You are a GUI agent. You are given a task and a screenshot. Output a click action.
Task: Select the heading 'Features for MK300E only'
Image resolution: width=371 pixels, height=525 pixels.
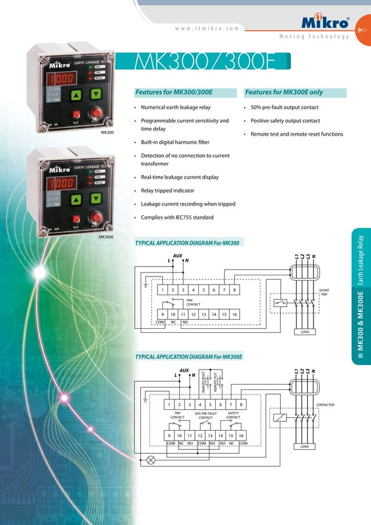point(284,92)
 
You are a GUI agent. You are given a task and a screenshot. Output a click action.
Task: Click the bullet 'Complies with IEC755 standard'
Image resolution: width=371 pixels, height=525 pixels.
point(177,218)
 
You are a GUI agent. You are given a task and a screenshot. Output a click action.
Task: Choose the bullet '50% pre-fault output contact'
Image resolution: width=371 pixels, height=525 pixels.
point(284,108)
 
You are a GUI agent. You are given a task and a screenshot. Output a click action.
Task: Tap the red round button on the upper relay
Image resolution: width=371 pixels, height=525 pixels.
point(95,113)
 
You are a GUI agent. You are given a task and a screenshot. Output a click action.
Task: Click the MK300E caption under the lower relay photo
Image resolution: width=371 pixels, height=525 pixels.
point(105,237)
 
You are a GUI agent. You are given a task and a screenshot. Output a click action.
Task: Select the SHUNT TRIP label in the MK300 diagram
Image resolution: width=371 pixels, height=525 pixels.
point(324,292)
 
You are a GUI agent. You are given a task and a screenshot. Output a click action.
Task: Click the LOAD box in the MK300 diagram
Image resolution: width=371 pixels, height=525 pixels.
point(304,332)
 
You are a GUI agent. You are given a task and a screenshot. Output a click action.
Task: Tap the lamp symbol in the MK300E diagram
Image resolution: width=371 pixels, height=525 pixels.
point(151,460)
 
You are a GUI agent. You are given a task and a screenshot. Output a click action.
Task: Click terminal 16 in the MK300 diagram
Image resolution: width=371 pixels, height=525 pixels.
point(234,314)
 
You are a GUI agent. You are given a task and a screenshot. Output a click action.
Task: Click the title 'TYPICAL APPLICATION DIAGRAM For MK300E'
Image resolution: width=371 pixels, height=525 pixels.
point(188,356)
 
